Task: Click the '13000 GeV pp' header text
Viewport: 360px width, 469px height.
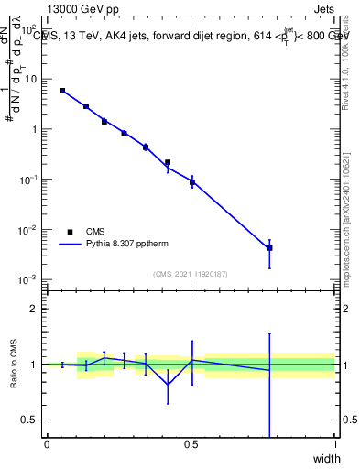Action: [x=82, y=8]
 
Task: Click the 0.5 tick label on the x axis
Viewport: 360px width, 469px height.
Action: [x=191, y=444]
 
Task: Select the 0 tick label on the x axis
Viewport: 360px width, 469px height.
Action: [x=47, y=444]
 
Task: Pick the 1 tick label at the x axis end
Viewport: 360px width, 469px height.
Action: [x=334, y=444]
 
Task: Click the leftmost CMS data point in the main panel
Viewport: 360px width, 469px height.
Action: [x=62, y=91]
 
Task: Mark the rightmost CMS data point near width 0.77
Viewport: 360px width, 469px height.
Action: [x=269, y=248]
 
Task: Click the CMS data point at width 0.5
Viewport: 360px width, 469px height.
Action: [x=191, y=182]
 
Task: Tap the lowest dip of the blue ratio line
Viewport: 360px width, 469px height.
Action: [x=168, y=384]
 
